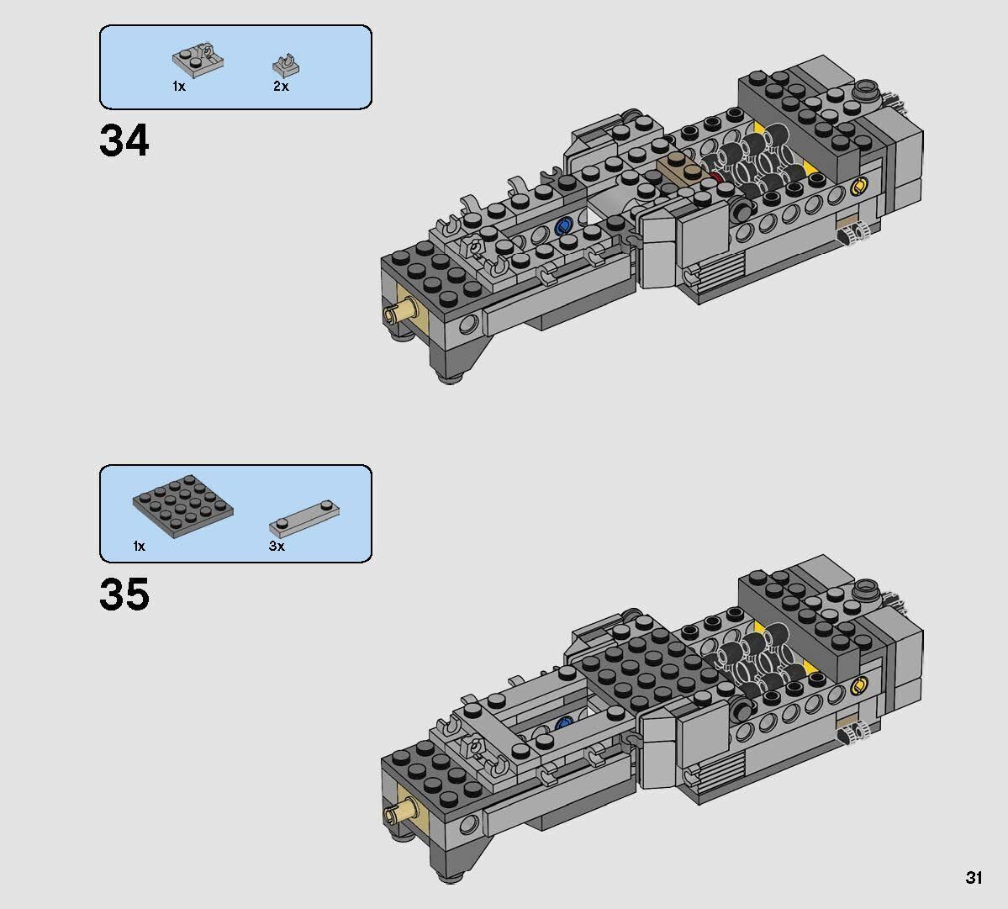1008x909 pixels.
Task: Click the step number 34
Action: pos(124,140)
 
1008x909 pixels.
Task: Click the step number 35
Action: pos(124,594)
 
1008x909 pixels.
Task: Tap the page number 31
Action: pos(974,878)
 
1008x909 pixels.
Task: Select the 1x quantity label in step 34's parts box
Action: pos(178,87)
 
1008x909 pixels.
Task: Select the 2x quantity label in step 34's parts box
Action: pos(280,87)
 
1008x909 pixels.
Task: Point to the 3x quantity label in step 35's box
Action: pos(277,547)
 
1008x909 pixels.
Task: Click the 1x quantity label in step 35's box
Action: pos(139,547)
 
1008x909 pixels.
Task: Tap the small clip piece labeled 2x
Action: pos(286,65)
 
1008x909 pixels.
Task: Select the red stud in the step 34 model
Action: pos(716,177)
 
